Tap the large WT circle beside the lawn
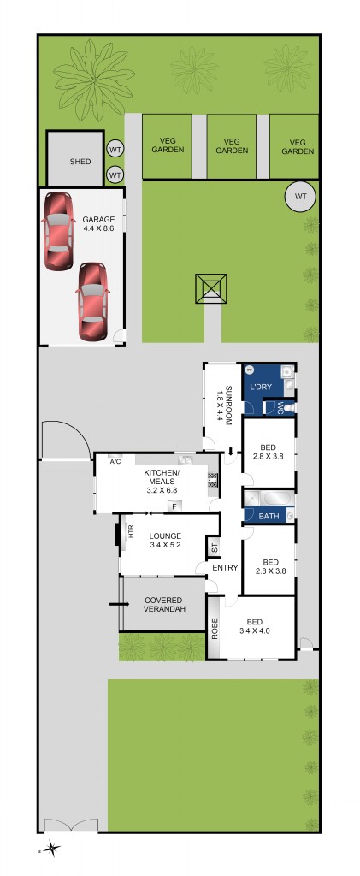click(x=299, y=197)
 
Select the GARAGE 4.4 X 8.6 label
click(x=98, y=225)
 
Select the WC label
click(x=279, y=408)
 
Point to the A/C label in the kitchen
click(x=116, y=462)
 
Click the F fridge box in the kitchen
click(x=174, y=506)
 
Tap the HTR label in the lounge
click(x=130, y=531)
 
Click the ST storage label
click(x=215, y=546)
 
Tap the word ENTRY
click(x=225, y=568)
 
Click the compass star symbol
click(x=53, y=849)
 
